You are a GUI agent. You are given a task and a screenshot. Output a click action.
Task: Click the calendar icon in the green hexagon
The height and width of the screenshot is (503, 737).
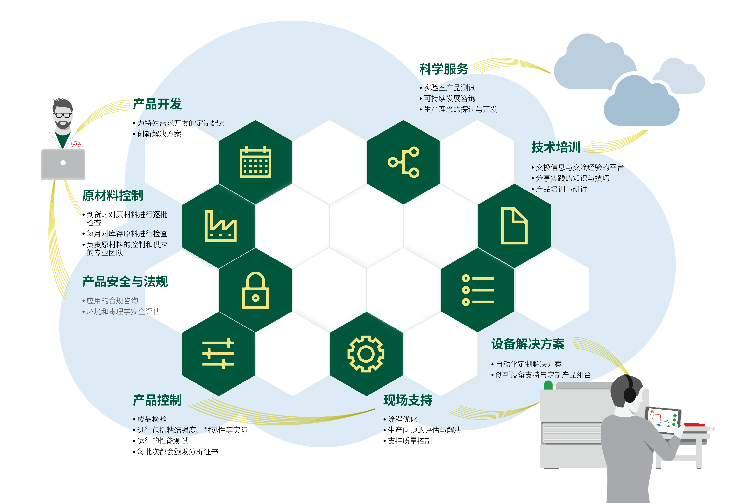[x=255, y=162]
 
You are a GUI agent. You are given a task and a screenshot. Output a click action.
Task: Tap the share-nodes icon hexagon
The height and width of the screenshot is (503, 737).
[x=403, y=162]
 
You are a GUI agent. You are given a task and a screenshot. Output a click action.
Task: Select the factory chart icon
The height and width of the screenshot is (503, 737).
[x=220, y=225]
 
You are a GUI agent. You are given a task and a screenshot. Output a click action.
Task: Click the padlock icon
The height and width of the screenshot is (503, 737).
[x=255, y=290]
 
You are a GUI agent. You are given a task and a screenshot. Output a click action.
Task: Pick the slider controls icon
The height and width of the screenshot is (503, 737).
[x=218, y=354]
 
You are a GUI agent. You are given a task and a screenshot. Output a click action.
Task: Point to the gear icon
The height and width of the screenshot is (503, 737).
[x=366, y=354]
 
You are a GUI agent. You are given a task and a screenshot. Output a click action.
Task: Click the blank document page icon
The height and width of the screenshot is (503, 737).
[x=514, y=226]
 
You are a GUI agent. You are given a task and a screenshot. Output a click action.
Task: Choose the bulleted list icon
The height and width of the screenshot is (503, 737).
[x=478, y=290]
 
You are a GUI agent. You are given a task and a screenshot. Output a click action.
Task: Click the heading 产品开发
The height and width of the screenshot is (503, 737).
[x=157, y=104]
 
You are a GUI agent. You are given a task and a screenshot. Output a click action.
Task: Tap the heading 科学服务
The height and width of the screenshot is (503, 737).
[x=444, y=69]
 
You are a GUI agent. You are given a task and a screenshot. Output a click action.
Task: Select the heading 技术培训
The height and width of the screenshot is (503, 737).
[x=556, y=147]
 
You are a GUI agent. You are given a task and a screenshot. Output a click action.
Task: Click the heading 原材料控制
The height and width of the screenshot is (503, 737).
[x=113, y=196]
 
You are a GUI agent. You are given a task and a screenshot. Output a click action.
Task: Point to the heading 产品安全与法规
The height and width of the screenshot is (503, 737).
[x=125, y=282]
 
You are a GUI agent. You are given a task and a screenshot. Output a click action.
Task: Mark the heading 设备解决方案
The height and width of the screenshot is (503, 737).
[x=528, y=344]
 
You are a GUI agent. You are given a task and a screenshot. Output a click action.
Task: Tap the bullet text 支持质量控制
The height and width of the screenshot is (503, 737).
[x=410, y=441]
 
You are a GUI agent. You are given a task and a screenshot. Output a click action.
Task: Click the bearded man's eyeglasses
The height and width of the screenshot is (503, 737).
[x=63, y=115]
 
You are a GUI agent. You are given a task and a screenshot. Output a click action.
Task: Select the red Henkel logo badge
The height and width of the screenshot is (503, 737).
[x=75, y=144]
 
